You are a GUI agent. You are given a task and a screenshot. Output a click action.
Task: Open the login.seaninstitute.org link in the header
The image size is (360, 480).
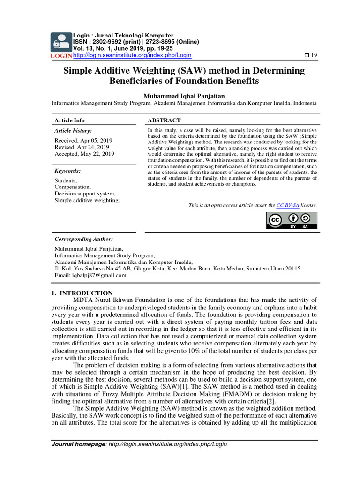click(133, 55)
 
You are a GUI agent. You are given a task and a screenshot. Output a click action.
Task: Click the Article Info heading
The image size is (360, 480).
click(70, 120)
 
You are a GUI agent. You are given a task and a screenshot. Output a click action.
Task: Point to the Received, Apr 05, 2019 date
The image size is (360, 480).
click(83, 140)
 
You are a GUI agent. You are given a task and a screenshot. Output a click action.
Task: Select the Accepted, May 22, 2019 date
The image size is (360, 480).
click(84, 154)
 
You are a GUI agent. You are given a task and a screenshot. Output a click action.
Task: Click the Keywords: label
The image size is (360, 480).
click(67, 171)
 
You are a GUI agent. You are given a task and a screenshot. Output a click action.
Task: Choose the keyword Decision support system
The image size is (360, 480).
click(84, 194)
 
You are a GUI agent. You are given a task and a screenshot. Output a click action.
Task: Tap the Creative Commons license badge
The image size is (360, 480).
click(292, 221)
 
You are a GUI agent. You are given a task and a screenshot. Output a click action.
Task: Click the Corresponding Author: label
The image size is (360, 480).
click(83, 239)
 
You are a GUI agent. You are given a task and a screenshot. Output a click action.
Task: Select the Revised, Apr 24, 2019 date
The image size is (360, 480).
click(82, 147)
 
